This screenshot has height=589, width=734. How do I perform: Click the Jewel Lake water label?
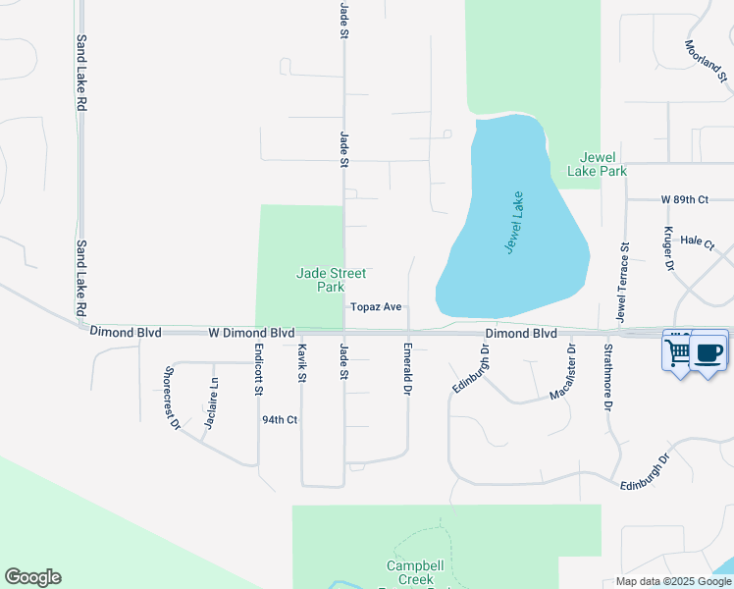(516, 223)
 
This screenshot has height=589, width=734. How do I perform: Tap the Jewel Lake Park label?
(597, 164)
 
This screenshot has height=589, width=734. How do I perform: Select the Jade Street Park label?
(321, 280)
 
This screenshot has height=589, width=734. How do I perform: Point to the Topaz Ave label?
(377, 307)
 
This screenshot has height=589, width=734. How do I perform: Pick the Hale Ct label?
(699, 240)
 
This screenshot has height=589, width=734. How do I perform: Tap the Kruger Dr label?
(669, 249)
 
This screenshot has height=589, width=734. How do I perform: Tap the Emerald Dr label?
(406, 369)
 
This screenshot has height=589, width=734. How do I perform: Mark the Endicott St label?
(258, 370)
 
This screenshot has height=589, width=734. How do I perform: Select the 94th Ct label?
(279, 420)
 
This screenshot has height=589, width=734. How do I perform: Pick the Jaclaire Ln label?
(210, 403)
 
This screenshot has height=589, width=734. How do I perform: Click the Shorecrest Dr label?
(173, 399)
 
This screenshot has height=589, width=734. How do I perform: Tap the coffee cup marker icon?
(708, 350)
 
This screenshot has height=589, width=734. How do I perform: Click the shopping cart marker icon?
(679, 349)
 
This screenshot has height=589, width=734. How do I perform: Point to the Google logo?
(32, 577)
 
